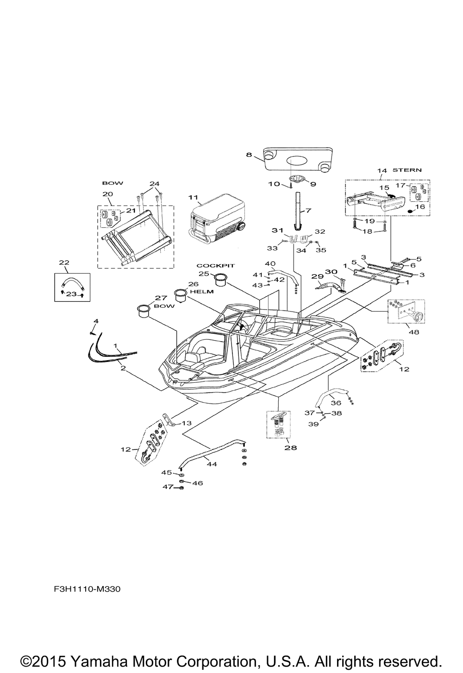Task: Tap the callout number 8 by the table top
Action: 249,156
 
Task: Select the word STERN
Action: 407,170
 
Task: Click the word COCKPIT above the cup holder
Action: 216,266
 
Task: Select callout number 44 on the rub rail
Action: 211,464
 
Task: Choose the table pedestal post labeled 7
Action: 297,208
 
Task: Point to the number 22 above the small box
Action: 64,262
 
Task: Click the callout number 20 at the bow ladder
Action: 107,193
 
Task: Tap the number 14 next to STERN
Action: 382,171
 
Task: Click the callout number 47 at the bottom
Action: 167,487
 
